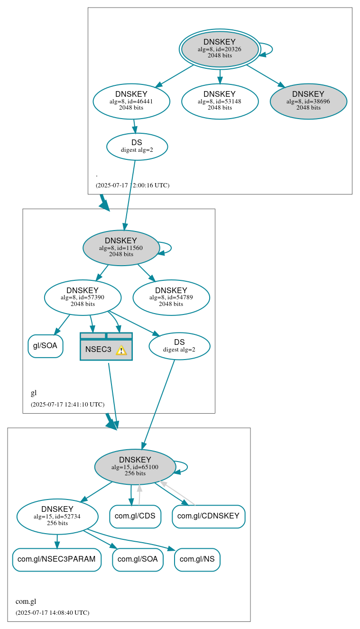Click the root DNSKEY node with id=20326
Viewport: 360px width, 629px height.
tap(220, 49)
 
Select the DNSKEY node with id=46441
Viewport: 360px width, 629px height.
tap(131, 101)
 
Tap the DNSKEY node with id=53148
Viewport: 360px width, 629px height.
tap(220, 101)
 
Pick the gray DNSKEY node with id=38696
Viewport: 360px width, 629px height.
tap(308, 101)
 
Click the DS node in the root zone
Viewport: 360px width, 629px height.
tap(137, 146)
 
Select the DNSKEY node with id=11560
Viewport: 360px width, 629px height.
tap(121, 248)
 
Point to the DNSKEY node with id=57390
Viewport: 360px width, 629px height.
tap(83, 297)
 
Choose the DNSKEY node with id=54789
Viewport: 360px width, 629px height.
tap(171, 297)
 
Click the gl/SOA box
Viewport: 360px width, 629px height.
tap(46, 346)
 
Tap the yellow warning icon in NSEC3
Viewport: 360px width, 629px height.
tap(121, 350)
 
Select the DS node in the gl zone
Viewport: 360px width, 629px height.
tap(179, 346)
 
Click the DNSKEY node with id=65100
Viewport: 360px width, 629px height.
tap(135, 467)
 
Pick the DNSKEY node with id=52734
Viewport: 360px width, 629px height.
tap(57, 517)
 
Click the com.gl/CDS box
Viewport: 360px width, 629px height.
tap(135, 516)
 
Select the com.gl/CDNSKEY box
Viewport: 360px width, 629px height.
tap(208, 516)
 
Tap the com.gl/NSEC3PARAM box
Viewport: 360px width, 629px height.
tap(57, 559)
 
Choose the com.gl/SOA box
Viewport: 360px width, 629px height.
tap(138, 559)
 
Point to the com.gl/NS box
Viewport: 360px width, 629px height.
tap(197, 559)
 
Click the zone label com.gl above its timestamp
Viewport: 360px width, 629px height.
tap(26, 601)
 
